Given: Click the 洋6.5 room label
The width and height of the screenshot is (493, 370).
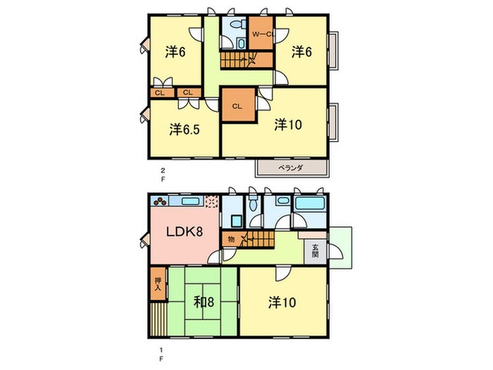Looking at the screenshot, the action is [x=185, y=129].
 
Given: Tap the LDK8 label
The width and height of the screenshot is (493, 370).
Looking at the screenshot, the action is [x=185, y=232].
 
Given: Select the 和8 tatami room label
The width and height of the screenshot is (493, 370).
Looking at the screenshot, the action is [x=204, y=302].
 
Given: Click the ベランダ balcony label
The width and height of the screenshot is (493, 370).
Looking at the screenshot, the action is [x=290, y=168].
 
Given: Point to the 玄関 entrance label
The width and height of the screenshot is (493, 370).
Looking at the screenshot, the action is [x=316, y=251].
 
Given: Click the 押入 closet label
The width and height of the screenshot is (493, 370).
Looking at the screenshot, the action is [x=158, y=285].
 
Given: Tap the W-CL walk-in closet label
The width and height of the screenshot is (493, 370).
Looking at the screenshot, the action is [x=262, y=35].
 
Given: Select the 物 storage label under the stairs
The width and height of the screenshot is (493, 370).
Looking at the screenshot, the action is [x=231, y=240].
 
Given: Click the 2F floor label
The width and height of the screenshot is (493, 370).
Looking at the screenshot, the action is [x=163, y=175].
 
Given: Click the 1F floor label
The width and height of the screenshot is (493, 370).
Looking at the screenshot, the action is [x=161, y=354].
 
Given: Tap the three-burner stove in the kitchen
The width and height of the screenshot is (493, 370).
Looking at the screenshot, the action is [x=161, y=200].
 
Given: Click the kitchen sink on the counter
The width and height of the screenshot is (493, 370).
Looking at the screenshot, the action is [x=189, y=201].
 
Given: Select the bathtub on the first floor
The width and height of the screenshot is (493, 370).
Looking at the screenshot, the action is [x=310, y=203].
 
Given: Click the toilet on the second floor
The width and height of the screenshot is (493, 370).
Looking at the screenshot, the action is [x=238, y=24].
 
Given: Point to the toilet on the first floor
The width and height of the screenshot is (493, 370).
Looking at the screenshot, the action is [x=253, y=204].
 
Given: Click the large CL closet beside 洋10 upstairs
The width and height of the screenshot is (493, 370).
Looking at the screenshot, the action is [x=238, y=105].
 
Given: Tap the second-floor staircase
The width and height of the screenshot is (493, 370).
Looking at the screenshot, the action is [x=246, y=60].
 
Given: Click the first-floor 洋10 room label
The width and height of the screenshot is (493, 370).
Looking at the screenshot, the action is [x=282, y=302].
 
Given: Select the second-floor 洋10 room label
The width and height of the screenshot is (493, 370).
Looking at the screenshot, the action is [x=288, y=125].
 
